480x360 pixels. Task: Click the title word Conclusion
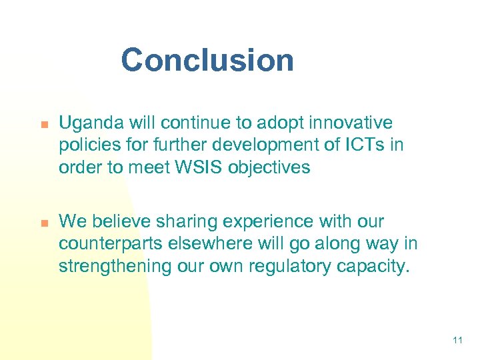tap(207, 60)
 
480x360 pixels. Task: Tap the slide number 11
tap(457, 341)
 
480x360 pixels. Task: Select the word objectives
tap(269, 167)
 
